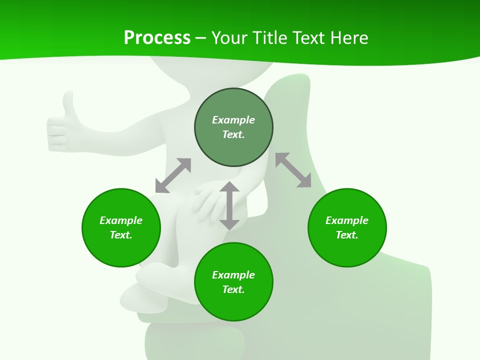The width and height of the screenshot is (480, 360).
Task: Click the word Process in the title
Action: (x=157, y=38)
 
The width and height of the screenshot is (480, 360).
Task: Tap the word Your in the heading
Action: (x=230, y=38)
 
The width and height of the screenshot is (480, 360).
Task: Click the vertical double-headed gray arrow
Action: (x=229, y=205)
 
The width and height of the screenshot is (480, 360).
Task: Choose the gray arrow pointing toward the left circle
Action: (x=173, y=175)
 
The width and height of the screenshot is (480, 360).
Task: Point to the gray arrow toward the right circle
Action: (x=293, y=170)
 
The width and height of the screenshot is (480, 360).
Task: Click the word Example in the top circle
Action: (x=233, y=120)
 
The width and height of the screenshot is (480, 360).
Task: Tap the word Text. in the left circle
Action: (x=121, y=235)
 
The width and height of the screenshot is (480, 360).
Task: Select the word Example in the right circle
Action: (x=347, y=220)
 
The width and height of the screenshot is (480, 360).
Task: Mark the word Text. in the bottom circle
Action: (x=233, y=289)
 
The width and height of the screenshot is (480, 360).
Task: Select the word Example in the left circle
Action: (x=121, y=220)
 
